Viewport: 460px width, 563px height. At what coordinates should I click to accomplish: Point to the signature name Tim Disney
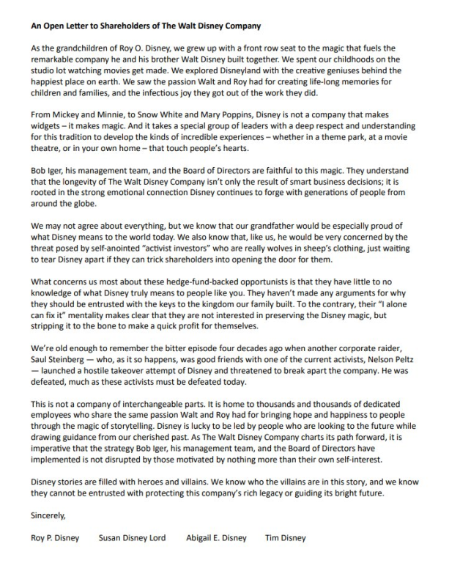click(286, 537)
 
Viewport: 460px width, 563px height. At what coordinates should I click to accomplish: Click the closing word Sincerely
click(48, 515)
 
